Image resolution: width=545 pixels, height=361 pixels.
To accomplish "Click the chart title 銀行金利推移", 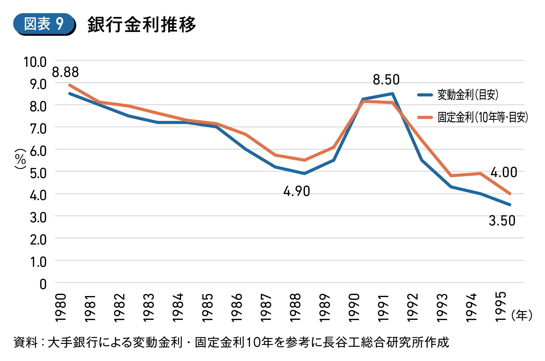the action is pyautogui.click(x=141, y=25).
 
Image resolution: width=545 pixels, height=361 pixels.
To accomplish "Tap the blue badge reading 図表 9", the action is pyautogui.click(x=44, y=24).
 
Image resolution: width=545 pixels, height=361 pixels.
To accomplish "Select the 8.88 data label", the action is pyautogui.click(x=65, y=72).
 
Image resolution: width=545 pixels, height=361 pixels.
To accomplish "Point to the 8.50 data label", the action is pyautogui.click(x=386, y=80).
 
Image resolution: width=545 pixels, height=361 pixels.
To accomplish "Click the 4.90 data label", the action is pyautogui.click(x=297, y=191).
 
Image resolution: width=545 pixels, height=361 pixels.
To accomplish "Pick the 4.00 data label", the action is pyautogui.click(x=504, y=172).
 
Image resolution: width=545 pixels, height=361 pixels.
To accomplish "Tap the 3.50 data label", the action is pyautogui.click(x=502, y=221).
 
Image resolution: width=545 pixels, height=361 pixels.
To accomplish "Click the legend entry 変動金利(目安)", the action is pyautogui.click(x=458, y=95).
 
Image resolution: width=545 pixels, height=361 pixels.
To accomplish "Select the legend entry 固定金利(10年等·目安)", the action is pyautogui.click(x=473, y=117).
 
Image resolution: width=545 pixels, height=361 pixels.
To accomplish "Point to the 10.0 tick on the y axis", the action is pyautogui.click(x=35, y=62).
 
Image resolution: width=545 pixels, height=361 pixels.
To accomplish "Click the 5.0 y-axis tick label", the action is pyautogui.click(x=38, y=173).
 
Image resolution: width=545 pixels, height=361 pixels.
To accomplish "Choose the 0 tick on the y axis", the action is pyautogui.click(x=43, y=284).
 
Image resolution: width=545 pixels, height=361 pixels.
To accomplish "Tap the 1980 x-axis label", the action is pyautogui.click(x=61, y=308).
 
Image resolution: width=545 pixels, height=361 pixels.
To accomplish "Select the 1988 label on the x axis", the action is pyautogui.click(x=295, y=308).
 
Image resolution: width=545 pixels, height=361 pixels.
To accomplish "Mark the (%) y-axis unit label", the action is pyautogui.click(x=20, y=159).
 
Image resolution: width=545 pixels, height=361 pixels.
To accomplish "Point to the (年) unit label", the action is pyautogui.click(x=522, y=315).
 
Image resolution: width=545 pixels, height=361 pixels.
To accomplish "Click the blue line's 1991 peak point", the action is pyautogui.click(x=392, y=94).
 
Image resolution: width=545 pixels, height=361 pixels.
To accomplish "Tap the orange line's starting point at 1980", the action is pyautogui.click(x=70, y=85).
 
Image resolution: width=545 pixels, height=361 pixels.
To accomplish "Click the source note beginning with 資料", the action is pyautogui.click(x=231, y=342).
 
